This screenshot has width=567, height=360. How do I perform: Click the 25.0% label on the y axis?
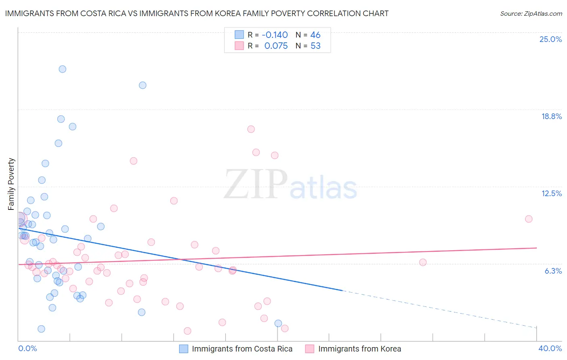[550, 39]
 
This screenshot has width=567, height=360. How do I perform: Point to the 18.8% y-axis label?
[551, 116]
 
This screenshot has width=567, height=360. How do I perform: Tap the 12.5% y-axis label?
[551, 193]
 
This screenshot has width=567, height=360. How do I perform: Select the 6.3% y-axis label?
[553, 271]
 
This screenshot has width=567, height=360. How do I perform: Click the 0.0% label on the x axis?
[27, 348]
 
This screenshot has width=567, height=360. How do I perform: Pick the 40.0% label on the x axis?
[550, 348]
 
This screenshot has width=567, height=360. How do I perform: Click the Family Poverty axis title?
[11, 184]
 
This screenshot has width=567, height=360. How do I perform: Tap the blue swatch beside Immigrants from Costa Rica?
[184, 349]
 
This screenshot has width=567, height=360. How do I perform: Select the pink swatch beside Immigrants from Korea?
[310, 349]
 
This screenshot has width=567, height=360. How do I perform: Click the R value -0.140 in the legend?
[275, 35]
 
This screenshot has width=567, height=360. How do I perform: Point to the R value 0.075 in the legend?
[276, 46]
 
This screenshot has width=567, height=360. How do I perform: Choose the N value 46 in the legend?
[315, 35]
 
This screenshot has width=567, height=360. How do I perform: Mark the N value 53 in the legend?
[315, 46]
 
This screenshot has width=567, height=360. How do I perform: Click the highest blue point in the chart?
[63, 69]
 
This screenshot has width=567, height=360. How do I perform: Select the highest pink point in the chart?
[251, 129]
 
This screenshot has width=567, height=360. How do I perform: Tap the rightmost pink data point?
[529, 219]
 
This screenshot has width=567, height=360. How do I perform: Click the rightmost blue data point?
[278, 323]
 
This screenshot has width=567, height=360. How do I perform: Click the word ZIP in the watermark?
[255, 184]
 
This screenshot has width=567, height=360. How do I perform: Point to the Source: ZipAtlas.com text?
[531, 14]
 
